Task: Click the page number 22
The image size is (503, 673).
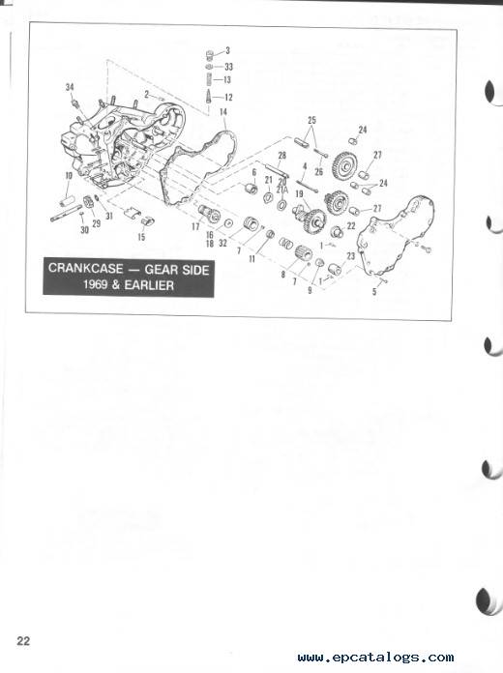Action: (x=24, y=640)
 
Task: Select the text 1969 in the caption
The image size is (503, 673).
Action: (x=104, y=287)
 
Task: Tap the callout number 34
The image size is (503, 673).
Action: (x=70, y=88)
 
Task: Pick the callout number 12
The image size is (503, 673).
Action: (x=227, y=98)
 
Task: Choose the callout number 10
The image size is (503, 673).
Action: (x=69, y=175)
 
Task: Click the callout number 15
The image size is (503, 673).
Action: (x=142, y=235)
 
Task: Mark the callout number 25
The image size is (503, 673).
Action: (x=311, y=120)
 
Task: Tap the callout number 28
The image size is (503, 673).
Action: (x=281, y=155)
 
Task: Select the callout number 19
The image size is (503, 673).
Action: (x=300, y=194)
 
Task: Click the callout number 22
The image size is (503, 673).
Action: (x=351, y=225)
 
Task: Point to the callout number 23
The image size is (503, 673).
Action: (x=351, y=255)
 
